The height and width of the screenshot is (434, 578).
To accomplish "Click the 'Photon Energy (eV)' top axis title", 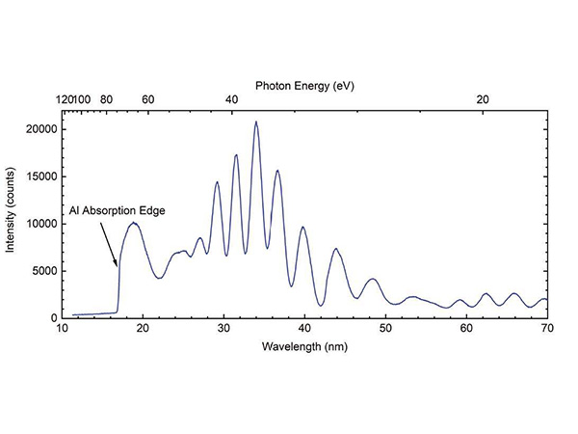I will pos(304,85).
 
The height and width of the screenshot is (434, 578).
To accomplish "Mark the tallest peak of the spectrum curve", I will pos(256,122).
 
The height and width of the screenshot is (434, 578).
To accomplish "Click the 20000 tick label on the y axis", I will pos(39,129).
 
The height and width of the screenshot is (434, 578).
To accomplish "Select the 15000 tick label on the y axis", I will pos(39,176).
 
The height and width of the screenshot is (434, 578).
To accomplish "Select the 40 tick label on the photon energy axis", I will pos(232,99).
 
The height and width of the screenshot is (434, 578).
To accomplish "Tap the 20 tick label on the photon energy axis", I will pos(483,99).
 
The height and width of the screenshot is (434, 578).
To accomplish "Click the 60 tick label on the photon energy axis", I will pos(148,99).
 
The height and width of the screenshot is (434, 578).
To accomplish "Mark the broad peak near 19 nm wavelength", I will pos(134,224).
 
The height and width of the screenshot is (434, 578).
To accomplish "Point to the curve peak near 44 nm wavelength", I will pos(335,249).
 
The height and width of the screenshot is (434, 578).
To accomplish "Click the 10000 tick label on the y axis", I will pos(39,224).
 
